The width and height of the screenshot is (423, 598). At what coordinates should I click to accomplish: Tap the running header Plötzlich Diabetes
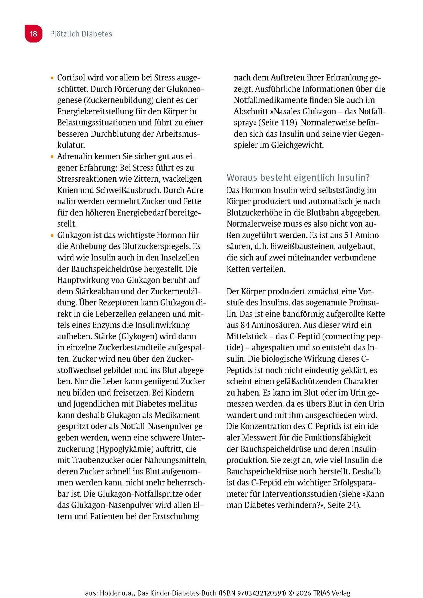(81, 34)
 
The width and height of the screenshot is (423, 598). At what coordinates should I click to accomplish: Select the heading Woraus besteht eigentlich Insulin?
(298, 178)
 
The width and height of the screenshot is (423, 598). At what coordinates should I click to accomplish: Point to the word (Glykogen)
(138, 336)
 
